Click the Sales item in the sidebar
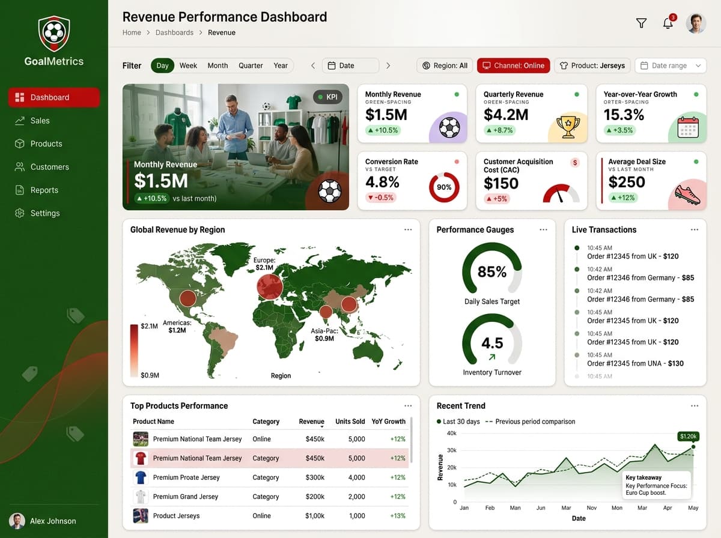click(40, 121)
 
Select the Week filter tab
click(188, 65)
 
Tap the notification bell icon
click(668, 23)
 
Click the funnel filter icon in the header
click(641, 23)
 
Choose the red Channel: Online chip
click(513, 65)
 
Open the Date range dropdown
click(671, 65)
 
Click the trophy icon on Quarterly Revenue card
click(568, 127)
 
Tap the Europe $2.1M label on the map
click(264, 264)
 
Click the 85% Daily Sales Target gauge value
click(491, 271)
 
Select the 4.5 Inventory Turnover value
click(492, 343)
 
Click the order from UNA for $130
click(635, 363)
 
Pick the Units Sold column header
click(350, 422)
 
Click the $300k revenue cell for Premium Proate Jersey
click(315, 477)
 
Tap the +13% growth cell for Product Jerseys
click(398, 516)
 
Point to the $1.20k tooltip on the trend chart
click(688, 437)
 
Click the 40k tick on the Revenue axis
click(452, 434)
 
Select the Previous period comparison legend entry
click(530, 422)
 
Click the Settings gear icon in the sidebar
click(19, 213)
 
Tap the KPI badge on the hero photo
click(327, 97)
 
